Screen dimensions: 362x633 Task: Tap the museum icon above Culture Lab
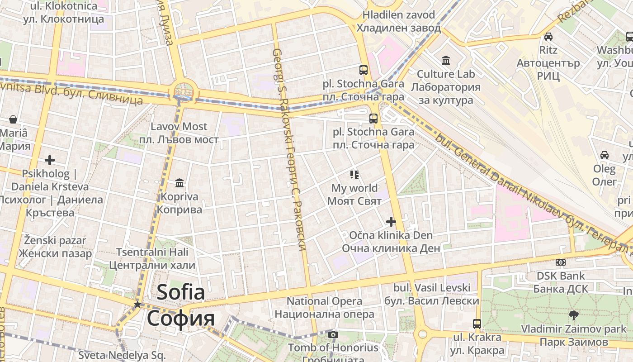coord(446,60)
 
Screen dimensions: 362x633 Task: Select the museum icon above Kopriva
coord(180,183)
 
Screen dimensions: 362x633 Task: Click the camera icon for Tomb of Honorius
coord(333,335)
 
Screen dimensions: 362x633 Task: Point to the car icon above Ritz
coord(548,37)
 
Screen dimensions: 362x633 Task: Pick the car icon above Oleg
coord(605,155)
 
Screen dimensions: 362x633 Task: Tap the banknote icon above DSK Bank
coord(560,262)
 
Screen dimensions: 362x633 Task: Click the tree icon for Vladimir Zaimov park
coord(573,315)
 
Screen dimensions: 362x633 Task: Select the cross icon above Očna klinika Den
coord(391,222)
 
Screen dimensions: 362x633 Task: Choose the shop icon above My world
coord(354,174)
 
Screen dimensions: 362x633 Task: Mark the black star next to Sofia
coord(137,305)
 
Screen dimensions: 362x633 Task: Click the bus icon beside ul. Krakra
coord(477,324)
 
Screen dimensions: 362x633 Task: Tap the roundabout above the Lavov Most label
coord(182,92)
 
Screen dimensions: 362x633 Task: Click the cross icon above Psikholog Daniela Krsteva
coord(50,160)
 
